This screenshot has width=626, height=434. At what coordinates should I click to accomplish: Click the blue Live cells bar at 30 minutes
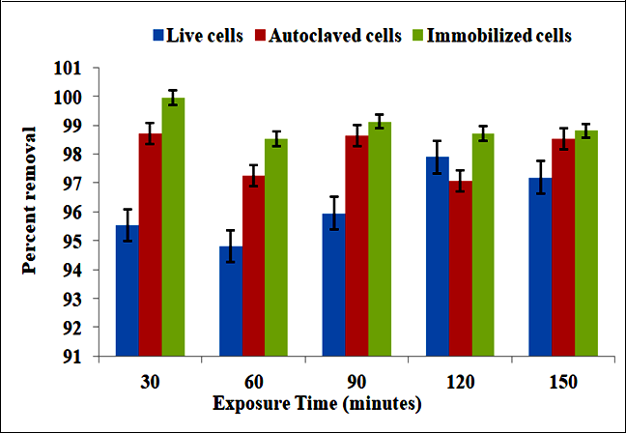(x=127, y=290)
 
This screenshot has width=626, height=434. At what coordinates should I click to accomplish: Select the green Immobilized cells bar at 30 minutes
(x=173, y=227)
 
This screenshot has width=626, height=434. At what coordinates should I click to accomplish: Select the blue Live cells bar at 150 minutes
(x=540, y=267)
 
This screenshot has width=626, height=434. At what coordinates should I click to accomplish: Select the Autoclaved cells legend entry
(x=319, y=36)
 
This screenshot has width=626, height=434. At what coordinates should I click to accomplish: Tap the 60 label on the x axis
(x=253, y=381)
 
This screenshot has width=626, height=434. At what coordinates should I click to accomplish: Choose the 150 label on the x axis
(x=562, y=381)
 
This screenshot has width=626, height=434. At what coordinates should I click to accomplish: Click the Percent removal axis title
(x=32, y=199)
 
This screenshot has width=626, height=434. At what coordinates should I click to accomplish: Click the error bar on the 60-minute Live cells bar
(x=230, y=246)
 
